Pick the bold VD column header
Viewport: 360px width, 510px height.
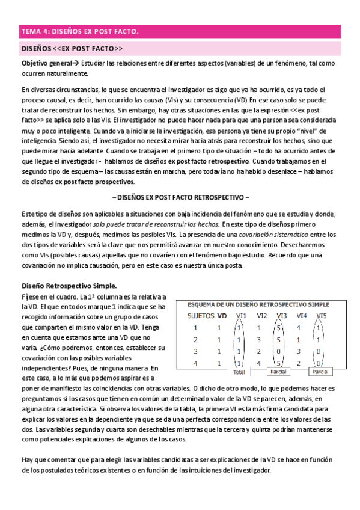coord(222,315)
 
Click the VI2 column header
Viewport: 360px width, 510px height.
coord(262,315)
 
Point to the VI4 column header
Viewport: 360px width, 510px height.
coord(302,315)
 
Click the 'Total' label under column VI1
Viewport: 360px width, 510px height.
coord(239,372)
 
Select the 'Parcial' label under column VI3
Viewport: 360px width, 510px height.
coord(278,372)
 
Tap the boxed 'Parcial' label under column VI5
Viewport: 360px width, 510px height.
coord(319,372)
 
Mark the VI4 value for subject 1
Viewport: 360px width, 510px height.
coord(299,328)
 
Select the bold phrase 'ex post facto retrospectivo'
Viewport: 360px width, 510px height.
coord(209,161)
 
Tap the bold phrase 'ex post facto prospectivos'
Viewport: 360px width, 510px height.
coord(96,182)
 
